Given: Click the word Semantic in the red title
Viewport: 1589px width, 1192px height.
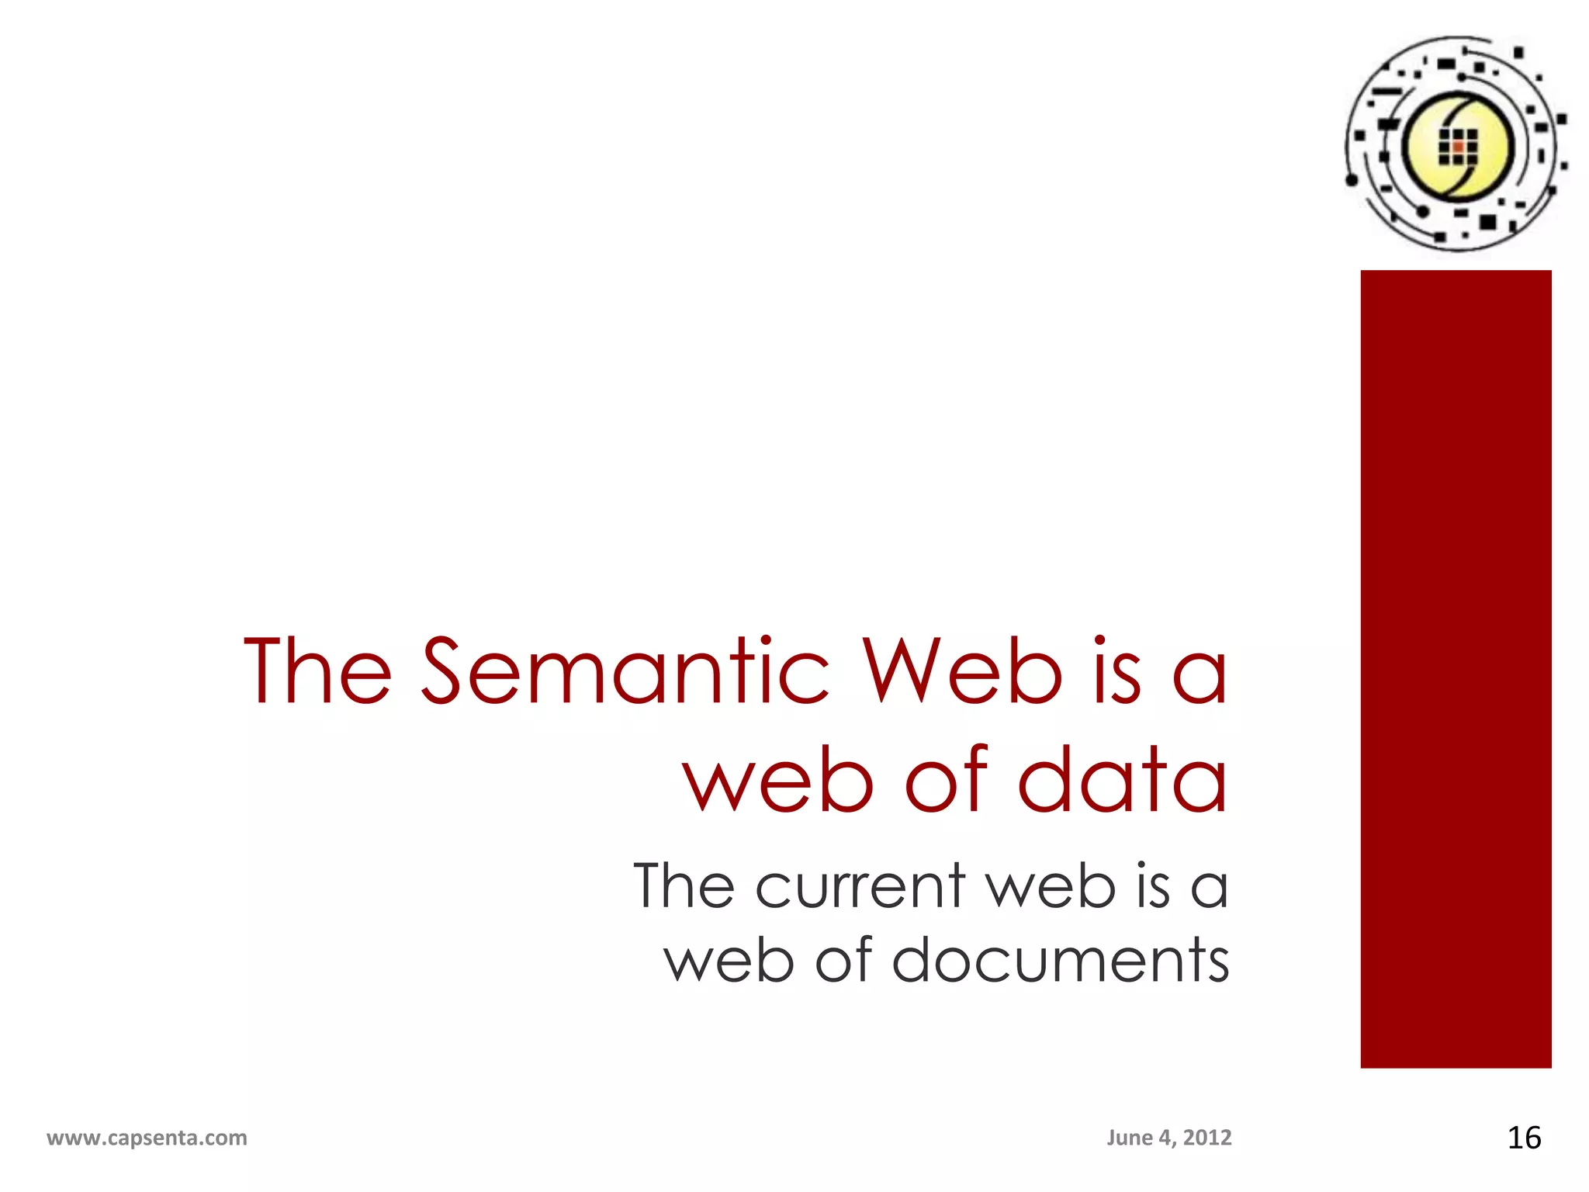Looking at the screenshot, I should pyautogui.click(x=625, y=671).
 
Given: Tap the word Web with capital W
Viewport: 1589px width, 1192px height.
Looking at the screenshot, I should pyautogui.click(x=963, y=671).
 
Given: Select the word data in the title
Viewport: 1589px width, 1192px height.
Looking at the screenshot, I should pyautogui.click(x=1122, y=780).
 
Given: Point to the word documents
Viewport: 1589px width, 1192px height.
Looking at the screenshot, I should pyautogui.click(x=1061, y=961).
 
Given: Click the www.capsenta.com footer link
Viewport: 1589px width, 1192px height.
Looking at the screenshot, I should pyautogui.click(x=147, y=1138).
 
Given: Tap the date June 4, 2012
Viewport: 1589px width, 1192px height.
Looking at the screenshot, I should pyautogui.click(x=1168, y=1138).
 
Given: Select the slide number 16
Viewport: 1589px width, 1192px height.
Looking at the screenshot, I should pyautogui.click(x=1524, y=1138).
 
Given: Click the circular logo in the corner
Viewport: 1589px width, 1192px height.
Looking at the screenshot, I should pyautogui.click(x=1456, y=144).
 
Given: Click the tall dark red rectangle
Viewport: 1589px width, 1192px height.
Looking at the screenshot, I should pyautogui.click(x=1456, y=668).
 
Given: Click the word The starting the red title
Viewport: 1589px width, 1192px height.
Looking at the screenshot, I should pyautogui.click(x=317, y=671).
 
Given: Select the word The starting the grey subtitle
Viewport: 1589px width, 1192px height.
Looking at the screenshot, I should pyautogui.click(x=684, y=886).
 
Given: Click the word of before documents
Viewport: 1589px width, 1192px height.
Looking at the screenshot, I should pyautogui.click(x=843, y=961).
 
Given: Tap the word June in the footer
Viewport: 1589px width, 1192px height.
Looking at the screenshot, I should pyautogui.click(x=1129, y=1138).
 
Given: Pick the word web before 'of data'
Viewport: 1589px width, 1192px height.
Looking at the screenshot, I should pyautogui.click(x=778, y=780).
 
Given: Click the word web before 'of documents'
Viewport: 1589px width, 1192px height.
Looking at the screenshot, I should pyautogui.click(x=729, y=961).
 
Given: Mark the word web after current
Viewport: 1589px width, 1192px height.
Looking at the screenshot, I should pyautogui.click(x=1051, y=886).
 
